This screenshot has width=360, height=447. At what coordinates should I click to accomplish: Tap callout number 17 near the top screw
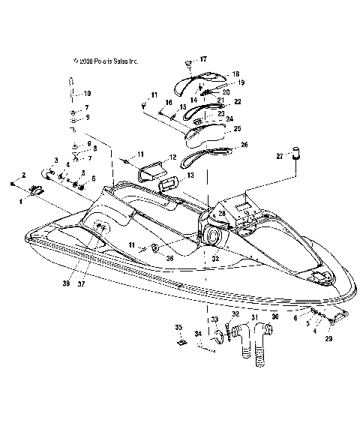click(x=202, y=58)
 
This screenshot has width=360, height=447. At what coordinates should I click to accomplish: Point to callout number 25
click(x=238, y=129)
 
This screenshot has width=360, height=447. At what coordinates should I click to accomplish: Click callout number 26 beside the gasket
click(x=244, y=145)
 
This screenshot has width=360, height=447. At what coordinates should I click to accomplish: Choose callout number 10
click(x=87, y=93)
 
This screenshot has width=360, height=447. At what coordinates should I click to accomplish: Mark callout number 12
click(x=172, y=157)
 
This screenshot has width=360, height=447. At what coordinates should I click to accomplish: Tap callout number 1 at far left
click(x=21, y=200)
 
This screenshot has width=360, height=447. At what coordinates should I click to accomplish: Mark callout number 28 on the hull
click(x=221, y=214)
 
